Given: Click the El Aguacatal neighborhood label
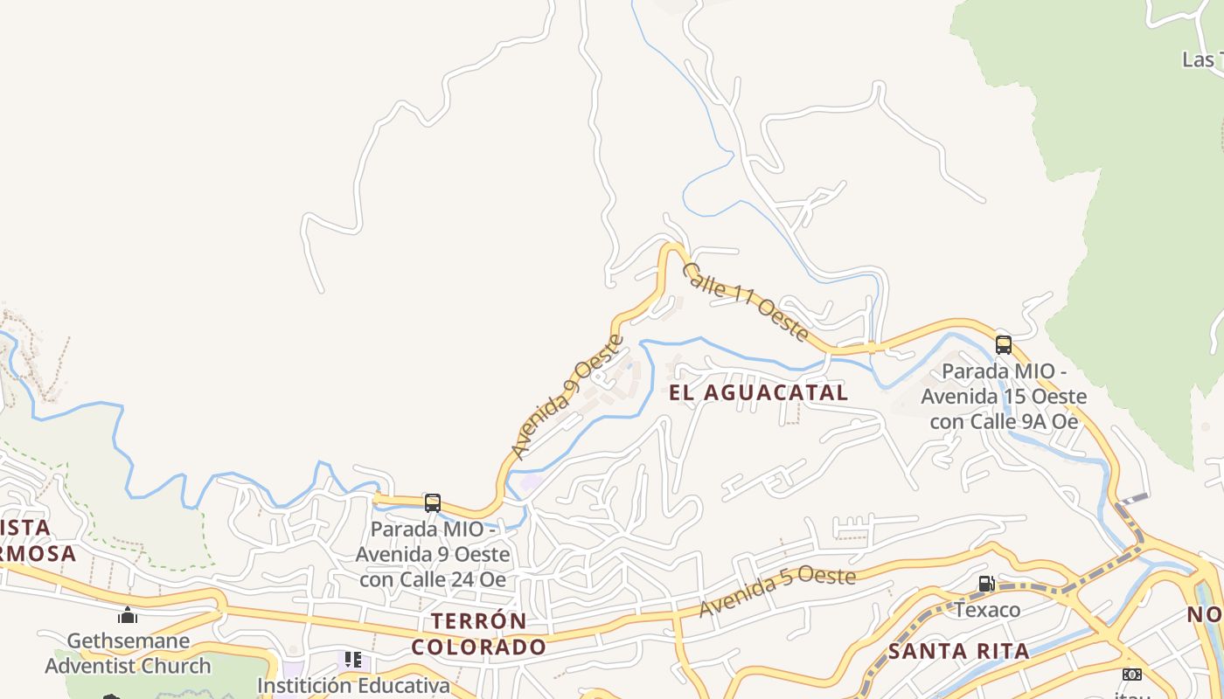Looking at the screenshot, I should [758, 392].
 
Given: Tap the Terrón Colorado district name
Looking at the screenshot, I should [479, 634].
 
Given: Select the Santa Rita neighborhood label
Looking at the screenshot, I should [959, 651].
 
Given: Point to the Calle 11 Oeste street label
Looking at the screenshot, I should [746, 301].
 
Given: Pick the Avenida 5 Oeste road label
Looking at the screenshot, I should [776, 591].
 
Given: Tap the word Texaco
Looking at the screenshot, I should [986, 609].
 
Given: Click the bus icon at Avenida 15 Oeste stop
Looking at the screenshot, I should [1003, 344].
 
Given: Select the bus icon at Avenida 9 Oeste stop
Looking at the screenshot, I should [432, 502].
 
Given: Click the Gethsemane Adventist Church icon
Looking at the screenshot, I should [128, 615].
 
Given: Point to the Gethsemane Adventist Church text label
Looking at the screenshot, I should [128, 654].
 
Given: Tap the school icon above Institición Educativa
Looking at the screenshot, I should [352, 659].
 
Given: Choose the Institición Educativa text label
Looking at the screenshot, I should [352, 685].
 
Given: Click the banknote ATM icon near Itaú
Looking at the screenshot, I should [1132, 675].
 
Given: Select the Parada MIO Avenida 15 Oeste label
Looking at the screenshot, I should [1003, 396].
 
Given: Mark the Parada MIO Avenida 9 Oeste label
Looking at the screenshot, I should [432, 554].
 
